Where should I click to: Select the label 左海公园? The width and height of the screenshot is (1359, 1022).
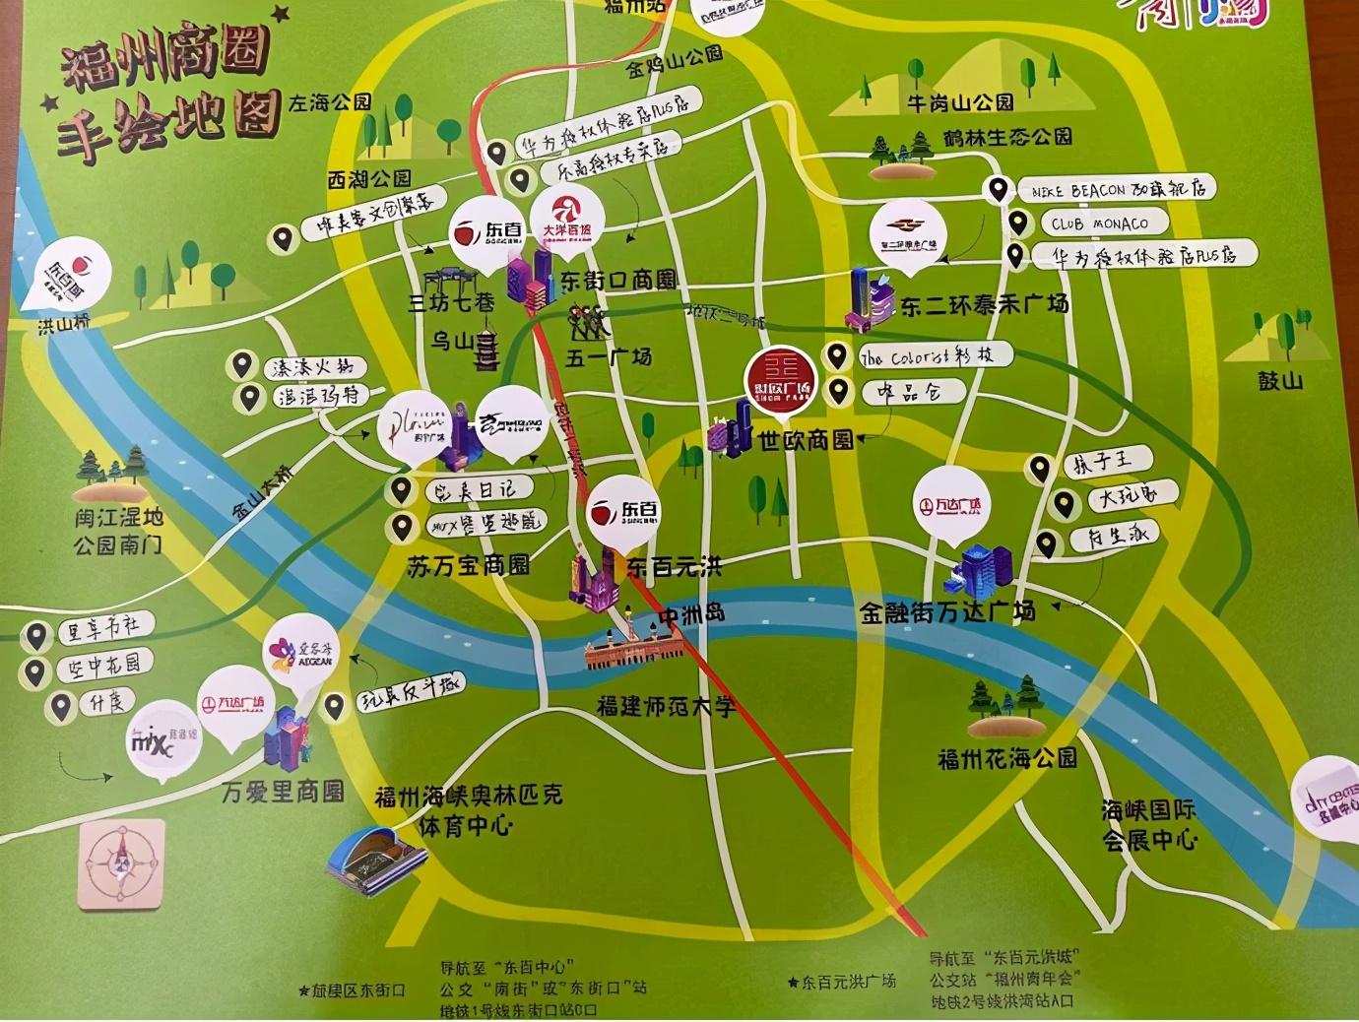click(x=330, y=102)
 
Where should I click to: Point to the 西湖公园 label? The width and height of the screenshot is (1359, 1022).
click(x=369, y=179)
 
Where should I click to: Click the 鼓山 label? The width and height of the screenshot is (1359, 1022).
click(x=1279, y=380)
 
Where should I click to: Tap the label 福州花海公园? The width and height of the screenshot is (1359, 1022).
click(x=1006, y=758)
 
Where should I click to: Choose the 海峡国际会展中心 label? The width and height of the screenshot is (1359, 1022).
click(x=1148, y=825)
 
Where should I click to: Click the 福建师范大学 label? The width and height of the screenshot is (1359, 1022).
click(x=666, y=706)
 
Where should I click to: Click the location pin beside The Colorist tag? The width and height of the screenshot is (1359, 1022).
click(x=837, y=355)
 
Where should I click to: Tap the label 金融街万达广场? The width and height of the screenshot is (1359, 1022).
click(x=946, y=612)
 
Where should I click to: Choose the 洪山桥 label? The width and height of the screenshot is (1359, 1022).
click(x=64, y=324)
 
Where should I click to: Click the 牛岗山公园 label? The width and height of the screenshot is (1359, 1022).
click(x=960, y=101)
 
